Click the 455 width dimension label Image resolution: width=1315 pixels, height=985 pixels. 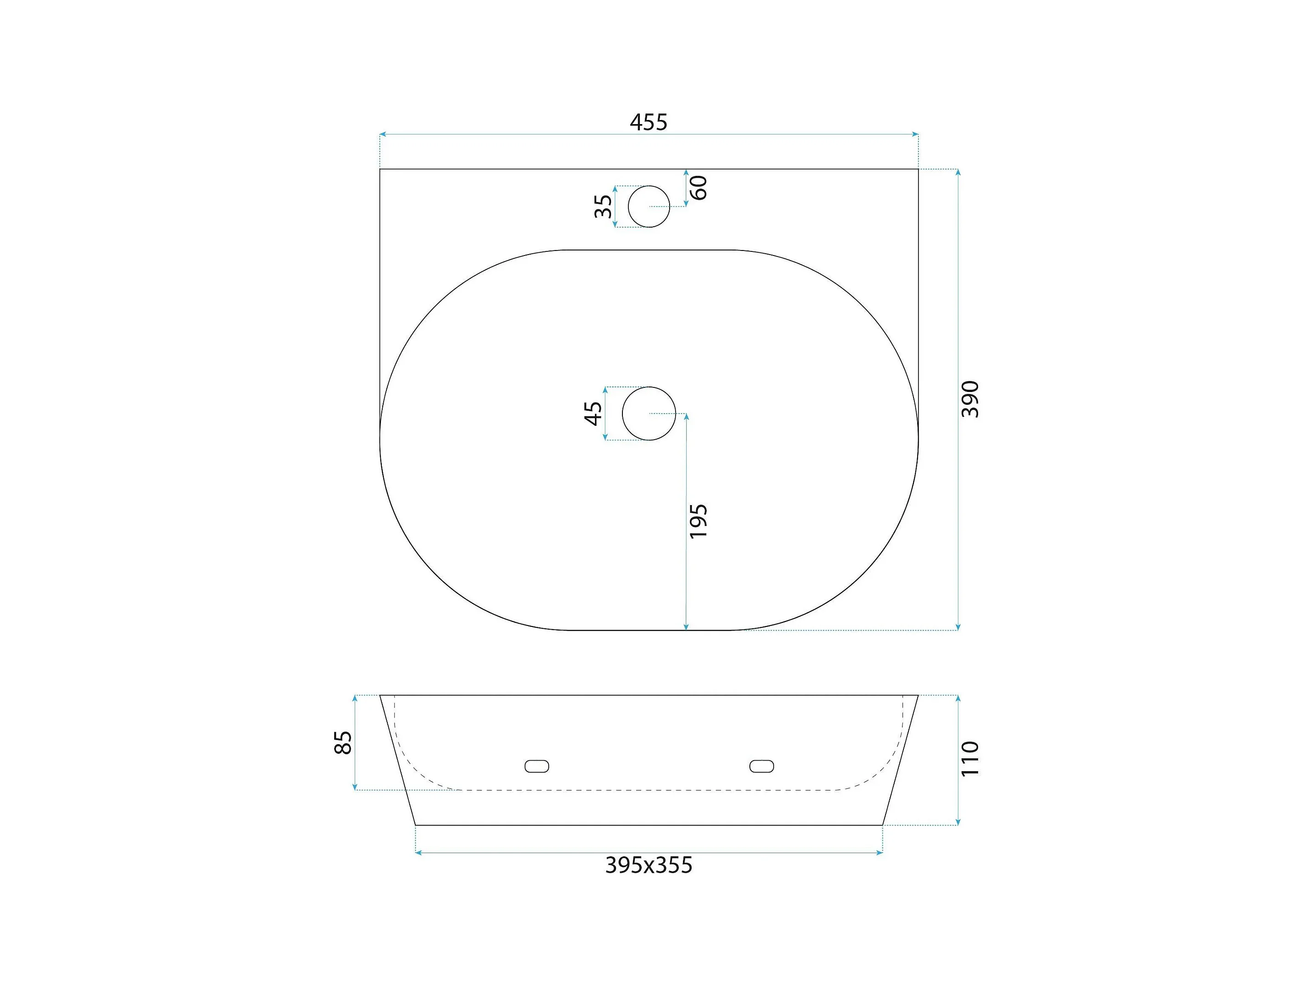pos(649,122)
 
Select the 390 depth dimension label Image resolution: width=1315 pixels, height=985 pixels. pos(969,399)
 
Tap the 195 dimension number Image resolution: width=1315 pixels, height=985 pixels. pos(699,521)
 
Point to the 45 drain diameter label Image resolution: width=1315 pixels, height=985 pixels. pos(593,414)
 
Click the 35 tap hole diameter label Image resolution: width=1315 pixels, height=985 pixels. pos(603,206)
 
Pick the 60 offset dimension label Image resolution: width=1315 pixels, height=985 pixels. pos(699,188)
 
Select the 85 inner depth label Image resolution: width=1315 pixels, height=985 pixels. pos(343,743)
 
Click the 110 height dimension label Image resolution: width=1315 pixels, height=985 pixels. pos(969,759)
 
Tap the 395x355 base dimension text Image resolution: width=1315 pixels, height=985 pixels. pos(649,865)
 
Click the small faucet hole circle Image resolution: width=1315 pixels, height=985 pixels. pos(649,186)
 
